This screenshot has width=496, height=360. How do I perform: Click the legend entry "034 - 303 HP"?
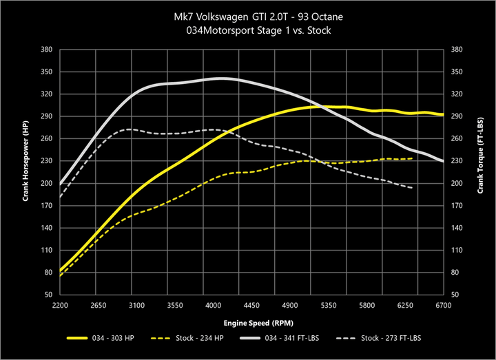pyautogui.click(x=118, y=338)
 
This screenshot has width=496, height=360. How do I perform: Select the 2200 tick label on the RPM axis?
pyautogui.click(x=61, y=305)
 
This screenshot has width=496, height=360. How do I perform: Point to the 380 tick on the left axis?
pyautogui.click(x=47, y=50)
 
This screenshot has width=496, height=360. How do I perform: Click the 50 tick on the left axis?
pyautogui.click(x=49, y=295)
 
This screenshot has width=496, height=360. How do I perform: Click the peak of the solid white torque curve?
pyautogui.click(x=220, y=78)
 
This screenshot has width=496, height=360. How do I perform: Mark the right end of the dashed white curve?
pyautogui.click(x=413, y=188)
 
